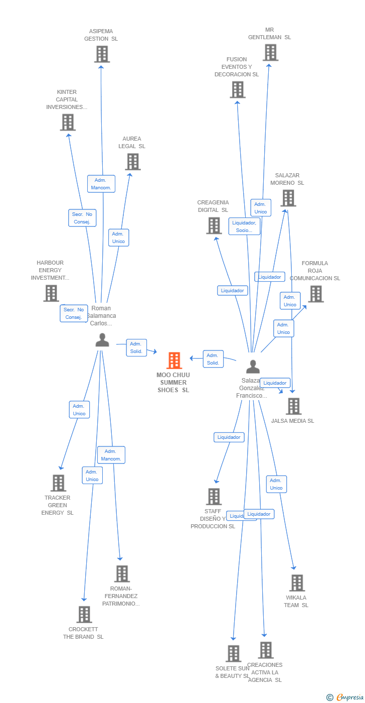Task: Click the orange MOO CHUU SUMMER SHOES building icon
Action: (x=174, y=361)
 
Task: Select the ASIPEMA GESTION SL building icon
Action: (x=102, y=54)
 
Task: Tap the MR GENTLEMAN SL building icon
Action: (x=270, y=53)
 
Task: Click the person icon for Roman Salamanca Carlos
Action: (x=102, y=340)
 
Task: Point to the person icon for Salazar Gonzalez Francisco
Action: (x=253, y=367)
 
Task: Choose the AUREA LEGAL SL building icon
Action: (x=133, y=162)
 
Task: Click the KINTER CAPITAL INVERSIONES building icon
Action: (x=68, y=122)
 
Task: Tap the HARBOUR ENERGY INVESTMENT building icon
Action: (x=51, y=293)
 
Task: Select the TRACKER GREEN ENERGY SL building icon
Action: (x=59, y=483)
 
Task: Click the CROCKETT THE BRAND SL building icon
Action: (x=84, y=614)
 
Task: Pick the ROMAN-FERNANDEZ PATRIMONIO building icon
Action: (x=122, y=573)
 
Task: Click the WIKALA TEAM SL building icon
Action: (x=297, y=583)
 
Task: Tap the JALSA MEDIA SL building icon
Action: (x=294, y=406)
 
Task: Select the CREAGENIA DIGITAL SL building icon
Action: (x=214, y=225)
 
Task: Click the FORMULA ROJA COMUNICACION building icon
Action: (x=316, y=294)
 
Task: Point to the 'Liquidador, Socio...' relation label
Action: (x=245, y=226)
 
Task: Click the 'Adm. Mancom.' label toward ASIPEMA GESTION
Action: (x=101, y=184)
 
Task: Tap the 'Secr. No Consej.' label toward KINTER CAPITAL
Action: (x=82, y=218)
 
